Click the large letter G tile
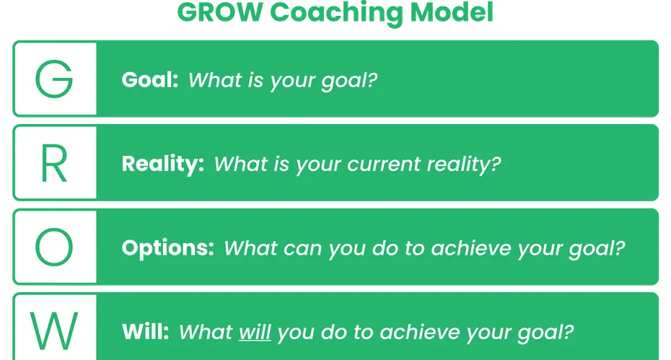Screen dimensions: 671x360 click(x=55, y=79)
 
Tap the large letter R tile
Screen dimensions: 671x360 click(x=55, y=162)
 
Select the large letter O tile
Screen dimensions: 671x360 click(x=55, y=247)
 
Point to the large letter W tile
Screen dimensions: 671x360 click(x=55, y=328)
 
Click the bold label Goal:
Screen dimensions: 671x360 click(x=150, y=79)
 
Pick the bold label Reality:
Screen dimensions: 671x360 click(x=162, y=164)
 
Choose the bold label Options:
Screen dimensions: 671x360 click(x=167, y=248)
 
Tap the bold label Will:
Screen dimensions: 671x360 click(x=146, y=332)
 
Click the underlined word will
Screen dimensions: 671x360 click(x=255, y=332)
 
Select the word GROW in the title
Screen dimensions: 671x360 click(x=220, y=12)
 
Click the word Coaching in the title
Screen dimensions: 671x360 click(x=336, y=13)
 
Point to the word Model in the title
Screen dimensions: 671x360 click(x=452, y=12)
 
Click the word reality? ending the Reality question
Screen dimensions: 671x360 click(x=464, y=164)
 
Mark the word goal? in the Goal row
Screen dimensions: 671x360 click(x=349, y=82)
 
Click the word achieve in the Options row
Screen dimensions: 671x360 click(x=470, y=248)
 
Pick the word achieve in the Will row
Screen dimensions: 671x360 click(x=419, y=332)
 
